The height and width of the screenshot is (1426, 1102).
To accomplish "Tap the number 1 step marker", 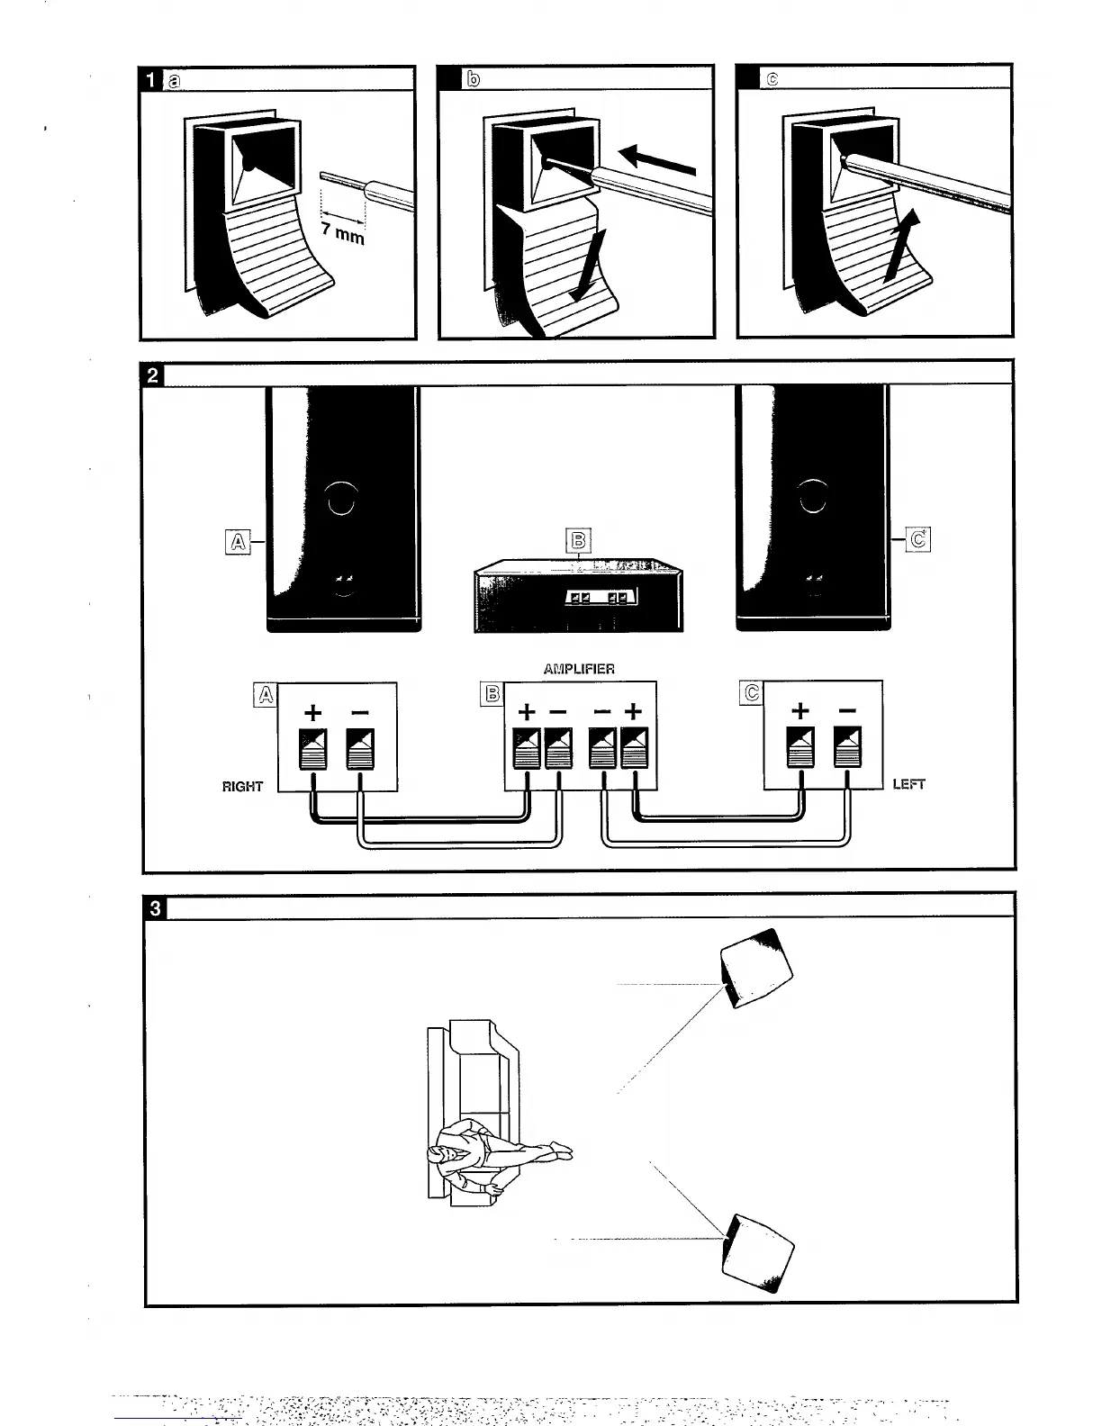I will coord(151,80).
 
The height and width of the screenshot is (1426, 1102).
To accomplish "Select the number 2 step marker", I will coord(153,374).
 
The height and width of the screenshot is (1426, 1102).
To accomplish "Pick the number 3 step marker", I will coord(155,907).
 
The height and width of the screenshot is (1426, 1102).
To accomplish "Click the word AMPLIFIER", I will coord(579,669).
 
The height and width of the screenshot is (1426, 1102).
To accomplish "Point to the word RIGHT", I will coord(242,786).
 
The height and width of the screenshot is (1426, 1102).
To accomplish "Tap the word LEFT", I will coord(908,784).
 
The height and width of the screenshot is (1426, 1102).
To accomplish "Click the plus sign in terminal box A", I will coord(312,713).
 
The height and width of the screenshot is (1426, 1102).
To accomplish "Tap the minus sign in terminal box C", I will coord(847,711).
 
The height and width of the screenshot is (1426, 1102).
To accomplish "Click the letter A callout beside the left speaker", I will coord(237,541).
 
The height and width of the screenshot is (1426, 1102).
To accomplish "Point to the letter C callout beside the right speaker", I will coord(918,540).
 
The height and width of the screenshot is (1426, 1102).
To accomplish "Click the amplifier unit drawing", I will coord(579,598).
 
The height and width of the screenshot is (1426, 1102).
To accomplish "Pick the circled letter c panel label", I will coord(772,79).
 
